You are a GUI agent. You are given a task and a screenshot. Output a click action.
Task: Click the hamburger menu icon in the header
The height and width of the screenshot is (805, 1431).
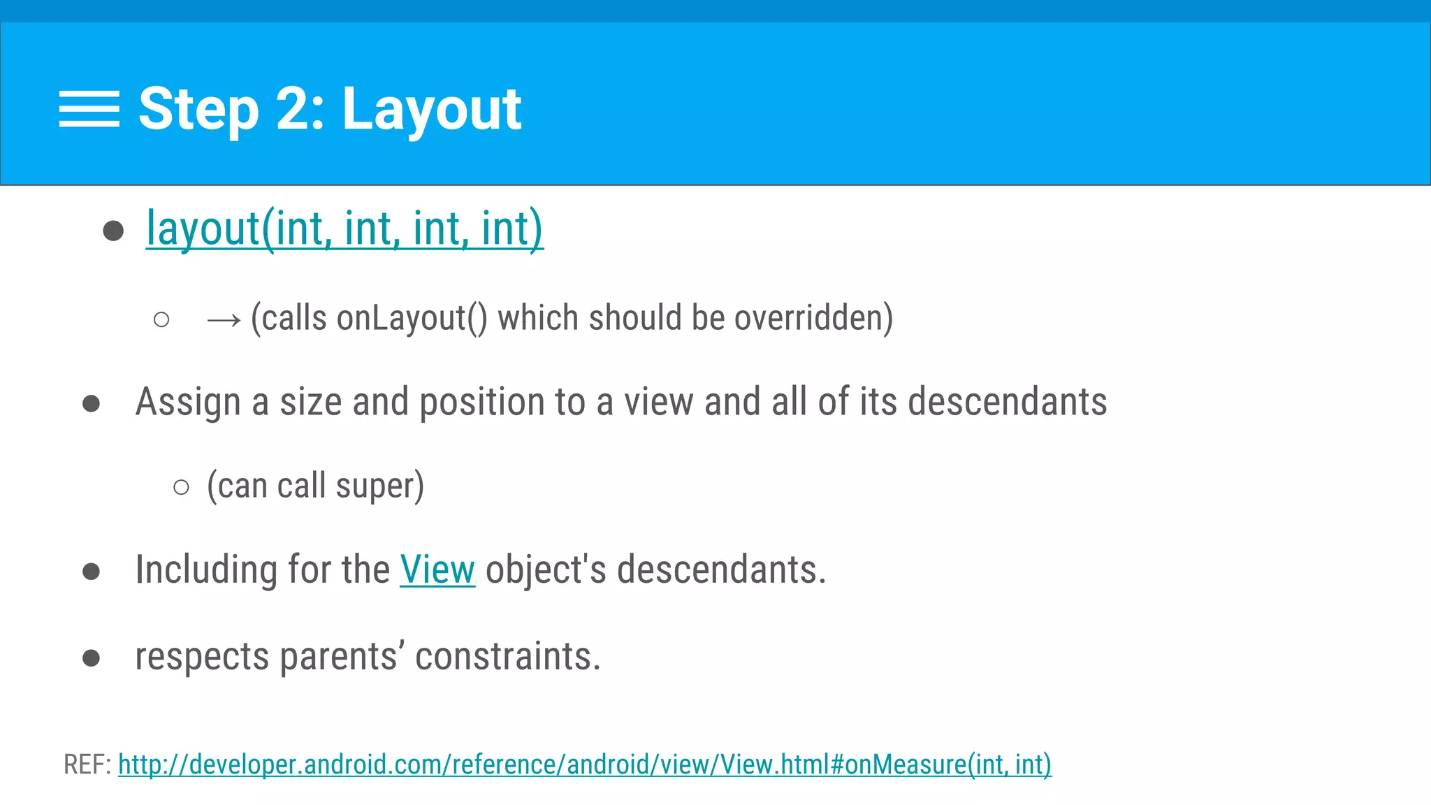point(89,109)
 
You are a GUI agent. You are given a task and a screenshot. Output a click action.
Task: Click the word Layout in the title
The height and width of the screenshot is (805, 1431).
point(432,110)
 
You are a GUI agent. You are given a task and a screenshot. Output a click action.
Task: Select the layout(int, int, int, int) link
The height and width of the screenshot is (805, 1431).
point(344,229)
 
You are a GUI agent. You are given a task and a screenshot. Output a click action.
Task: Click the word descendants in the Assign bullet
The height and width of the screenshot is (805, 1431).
point(1007,402)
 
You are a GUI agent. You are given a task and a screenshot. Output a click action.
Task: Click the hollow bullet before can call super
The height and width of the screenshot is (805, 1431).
point(181,487)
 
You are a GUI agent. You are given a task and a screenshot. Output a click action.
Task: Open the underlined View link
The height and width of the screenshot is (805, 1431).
point(437,570)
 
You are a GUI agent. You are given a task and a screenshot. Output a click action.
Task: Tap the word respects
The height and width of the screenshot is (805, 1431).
point(202,658)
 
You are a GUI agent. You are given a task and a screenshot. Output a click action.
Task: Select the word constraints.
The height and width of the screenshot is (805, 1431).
point(507,658)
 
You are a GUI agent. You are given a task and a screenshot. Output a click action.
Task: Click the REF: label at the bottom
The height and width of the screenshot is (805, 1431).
point(87,765)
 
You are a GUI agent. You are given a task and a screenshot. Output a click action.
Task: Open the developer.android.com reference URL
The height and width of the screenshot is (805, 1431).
point(584,765)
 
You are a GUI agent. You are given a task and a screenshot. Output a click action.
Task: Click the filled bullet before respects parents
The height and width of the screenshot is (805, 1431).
point(91,658)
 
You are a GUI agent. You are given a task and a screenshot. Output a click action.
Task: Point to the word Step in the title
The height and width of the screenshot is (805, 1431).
point(198,110)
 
